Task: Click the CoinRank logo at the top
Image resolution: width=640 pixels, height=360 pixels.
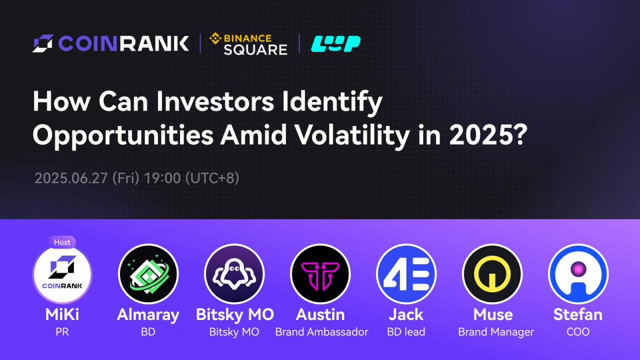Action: point(111,43)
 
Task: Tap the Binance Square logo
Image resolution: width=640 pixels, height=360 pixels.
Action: point(248,44)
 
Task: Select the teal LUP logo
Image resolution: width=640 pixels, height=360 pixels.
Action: point(335,44)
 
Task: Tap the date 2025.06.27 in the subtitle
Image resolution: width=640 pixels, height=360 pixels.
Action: point(71,178)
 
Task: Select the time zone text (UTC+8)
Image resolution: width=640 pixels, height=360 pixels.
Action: point(212,178)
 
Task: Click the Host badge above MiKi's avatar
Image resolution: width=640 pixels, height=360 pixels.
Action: point(62,242)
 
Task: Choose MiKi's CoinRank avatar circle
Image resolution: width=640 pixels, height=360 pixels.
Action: point(62,274)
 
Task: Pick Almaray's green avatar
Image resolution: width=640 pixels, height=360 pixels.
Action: point(148,274)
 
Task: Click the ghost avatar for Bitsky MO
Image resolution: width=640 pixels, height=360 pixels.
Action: point(235,274)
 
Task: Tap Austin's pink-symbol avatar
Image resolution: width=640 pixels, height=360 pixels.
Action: point(321,274)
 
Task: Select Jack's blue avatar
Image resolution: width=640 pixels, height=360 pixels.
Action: point(406,274)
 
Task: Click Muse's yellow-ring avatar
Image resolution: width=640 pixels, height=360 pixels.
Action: point(492,274)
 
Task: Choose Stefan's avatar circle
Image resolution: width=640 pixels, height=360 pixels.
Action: point(578,274)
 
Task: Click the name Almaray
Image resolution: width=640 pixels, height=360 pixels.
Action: point(148,315)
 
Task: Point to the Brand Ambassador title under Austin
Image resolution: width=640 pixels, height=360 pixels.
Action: point(322,332)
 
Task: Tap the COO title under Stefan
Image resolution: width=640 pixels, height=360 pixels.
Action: point(578,332)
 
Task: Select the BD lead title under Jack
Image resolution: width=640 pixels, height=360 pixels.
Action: point(406,332)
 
